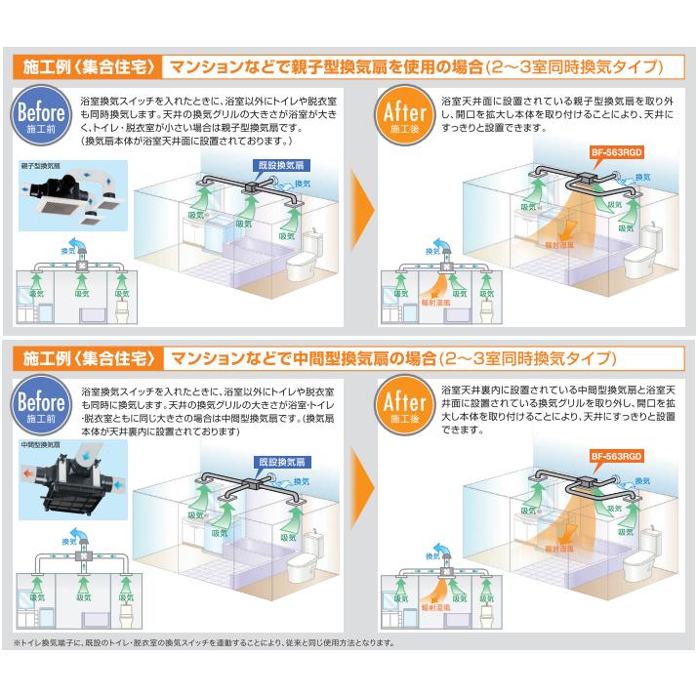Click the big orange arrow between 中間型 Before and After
(360, 495)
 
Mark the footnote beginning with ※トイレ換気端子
(205, 643)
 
